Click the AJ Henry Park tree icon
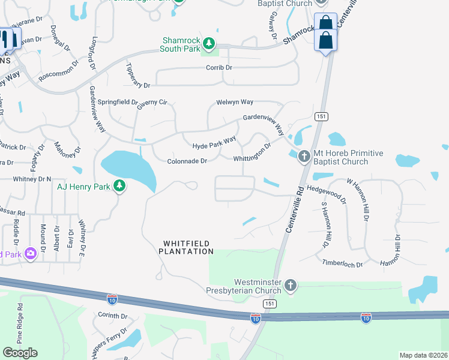[x=119, y=186]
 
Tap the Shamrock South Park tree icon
[x=208, y=43]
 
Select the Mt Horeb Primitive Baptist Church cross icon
[x=304, y=157]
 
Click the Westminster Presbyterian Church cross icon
[x=291, y=286]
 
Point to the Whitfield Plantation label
[x=187, y=247]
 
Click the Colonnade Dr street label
[x=187, y=161]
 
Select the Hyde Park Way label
[x=214, y=143]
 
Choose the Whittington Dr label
[x=253, y=152]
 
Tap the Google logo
[x=20, y=352]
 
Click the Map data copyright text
[x=423, y=355]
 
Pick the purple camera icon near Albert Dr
[x=30, y=254]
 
